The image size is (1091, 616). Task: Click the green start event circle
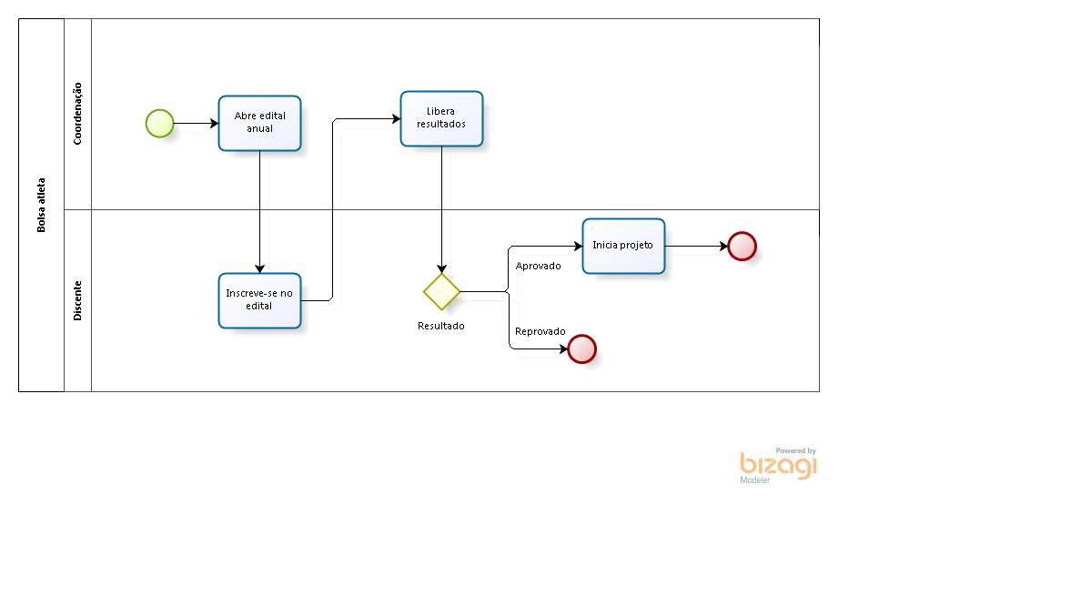point(159,123)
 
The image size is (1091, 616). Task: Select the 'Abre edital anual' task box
point(259,123)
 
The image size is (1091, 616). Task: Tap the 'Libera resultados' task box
point(441,118)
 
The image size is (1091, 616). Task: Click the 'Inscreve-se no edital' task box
point(259,300)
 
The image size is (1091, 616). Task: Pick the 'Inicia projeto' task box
point(623,246)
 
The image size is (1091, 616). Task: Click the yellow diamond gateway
point(441,292)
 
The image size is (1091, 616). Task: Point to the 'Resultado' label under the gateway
point(441,326)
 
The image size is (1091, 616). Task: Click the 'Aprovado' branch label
point(538,266)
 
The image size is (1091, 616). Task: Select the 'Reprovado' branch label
point(540,331)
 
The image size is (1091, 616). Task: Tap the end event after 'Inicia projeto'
point(742,247)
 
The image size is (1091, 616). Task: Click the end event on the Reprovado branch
point(581,348)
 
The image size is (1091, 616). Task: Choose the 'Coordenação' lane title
point(77,114)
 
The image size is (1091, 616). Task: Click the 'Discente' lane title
point(77,300)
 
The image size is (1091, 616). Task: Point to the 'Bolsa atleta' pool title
point(41,206)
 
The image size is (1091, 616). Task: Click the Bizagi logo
point(778,465)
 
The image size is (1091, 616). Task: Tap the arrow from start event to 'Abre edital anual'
point(197,123)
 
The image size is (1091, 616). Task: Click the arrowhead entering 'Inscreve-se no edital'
point(259,268)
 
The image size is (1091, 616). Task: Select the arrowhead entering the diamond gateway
point(441,268)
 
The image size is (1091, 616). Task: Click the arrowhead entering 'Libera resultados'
point(397,119)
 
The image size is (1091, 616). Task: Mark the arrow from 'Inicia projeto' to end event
point(696,246)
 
